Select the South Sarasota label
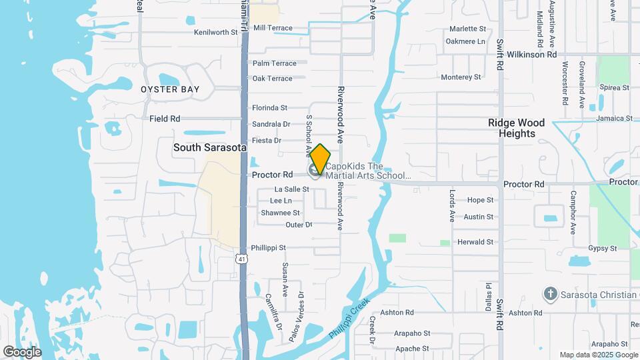[210, 147]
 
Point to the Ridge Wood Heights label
[517, 128]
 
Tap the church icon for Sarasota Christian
[550, 294]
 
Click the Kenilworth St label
[215, 32]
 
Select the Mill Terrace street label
[273, 28]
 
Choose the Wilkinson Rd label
[531, 55]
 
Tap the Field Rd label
[165, 119]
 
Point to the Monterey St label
[461, 77]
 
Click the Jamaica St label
[615, 118]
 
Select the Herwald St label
[475, 242]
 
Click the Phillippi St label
[269, 248]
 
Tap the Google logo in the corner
[21, 352]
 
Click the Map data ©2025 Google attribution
[598, 355]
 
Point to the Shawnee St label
[280, 213]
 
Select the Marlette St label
[467, 29]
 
